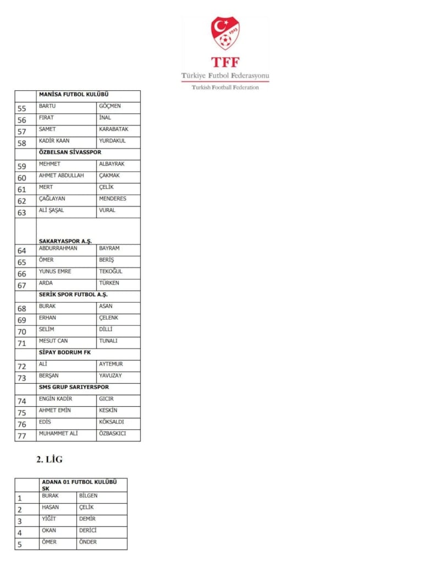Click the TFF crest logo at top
coord(225,33)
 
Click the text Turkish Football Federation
coord(225,87)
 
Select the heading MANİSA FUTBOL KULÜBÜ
coord(74,95)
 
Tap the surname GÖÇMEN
coord(109,106)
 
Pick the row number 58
coord(22,143)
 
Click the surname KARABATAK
coord(113,129)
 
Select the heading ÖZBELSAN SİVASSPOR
coord(70,152)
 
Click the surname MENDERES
coord(112,199)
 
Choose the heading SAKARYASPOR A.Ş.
coord(65,241)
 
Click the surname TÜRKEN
coord(109,283)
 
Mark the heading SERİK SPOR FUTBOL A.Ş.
coord(73,295)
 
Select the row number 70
coord(22,332)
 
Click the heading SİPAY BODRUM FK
coord(64,352)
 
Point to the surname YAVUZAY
coord(111,375)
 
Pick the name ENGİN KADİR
coord(56,399)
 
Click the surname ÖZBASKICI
coord(112,433)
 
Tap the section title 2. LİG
coord(50,459)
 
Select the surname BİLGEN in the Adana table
coord(88,495)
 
